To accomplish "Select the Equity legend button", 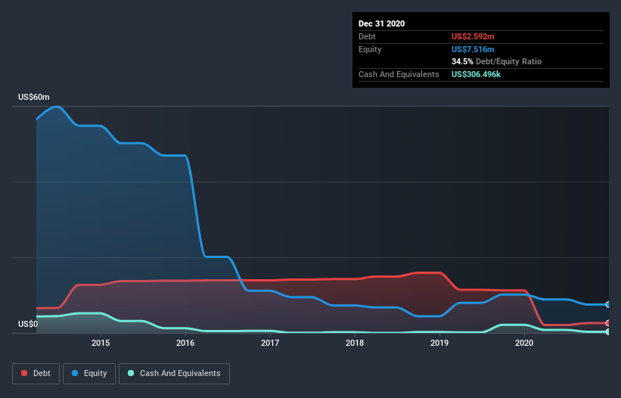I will pyautogui.click(x=90, y=373).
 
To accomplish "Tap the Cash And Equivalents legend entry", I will pyautogui.click(x=174, y=373).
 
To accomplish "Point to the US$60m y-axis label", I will pyautogui.click(x=34, y=98).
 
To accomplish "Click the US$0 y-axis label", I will pyautogui.click(x=28, y=325).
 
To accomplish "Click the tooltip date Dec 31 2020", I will pyautogui.click(x=381, y=23).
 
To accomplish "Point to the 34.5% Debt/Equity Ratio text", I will pyautogui.click(x=496, y=61).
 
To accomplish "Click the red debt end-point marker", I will pyautogui.click(x=607, y=323).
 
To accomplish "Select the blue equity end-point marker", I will pyautogui.click(x=607, y=304).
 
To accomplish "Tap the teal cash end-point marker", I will pyautogui.click(x=607, y=331).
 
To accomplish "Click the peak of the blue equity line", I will pyautogui.click(x=56, y=106).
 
